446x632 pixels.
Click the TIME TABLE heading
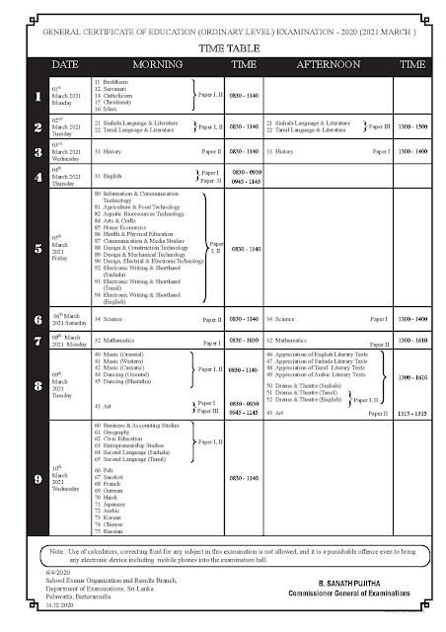tap(225, 46)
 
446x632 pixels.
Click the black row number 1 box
tap(36, 97)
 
